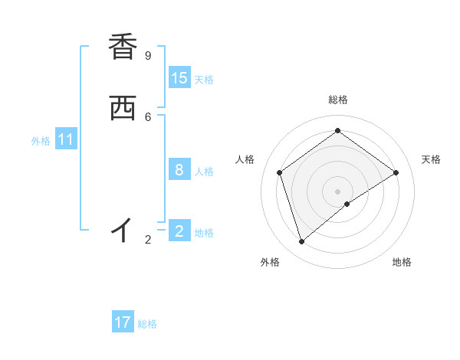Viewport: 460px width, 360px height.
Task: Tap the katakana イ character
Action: coord(122,229)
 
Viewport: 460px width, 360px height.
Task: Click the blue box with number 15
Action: coord(179,78)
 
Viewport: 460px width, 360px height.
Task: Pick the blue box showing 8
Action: coord(179,170)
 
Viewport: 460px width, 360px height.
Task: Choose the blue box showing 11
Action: coord(66,140)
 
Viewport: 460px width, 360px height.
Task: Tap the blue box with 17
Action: coord(123,322)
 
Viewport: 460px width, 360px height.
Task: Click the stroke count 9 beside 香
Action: coord(148,56)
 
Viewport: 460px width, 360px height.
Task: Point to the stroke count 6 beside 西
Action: coord(148,116)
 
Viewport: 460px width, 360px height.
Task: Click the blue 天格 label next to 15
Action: coord(204,80)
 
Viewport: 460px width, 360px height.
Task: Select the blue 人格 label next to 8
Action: coord(204,172)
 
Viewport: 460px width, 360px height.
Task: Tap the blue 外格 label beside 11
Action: coord(41,141)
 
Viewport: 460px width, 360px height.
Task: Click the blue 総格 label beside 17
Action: coord(147,324)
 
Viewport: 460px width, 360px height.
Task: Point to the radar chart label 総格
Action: coord(337,100)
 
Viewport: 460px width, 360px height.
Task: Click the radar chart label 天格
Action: coord(431,159)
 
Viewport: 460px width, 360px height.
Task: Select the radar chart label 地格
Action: coord(402,262)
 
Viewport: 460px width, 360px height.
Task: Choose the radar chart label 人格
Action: coord(245,159)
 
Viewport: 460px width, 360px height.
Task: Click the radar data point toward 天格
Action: coord(396,172)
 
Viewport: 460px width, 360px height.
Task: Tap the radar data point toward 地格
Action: coord(347,204)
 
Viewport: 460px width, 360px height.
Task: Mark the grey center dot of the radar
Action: coord(337,191)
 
